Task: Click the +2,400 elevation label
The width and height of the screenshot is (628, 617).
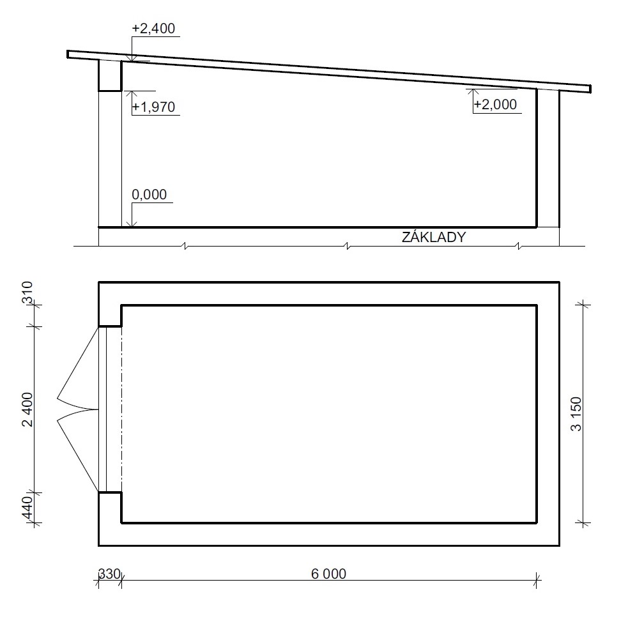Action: click(x=153, y=29)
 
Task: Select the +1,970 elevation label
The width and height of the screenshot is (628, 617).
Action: click(x=153, y=107)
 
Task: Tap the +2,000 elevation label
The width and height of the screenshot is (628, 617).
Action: click(x=495, y=105)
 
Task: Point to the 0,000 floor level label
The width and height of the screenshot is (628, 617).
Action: click(x=149, y=195)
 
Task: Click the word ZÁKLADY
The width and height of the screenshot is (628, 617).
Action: click(x=434, y=237)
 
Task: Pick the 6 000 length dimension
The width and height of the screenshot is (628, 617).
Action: click(x=328, y=574)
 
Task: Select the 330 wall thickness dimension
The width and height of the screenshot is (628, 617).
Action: click(x=109, y=574)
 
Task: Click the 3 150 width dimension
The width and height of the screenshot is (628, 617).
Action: click(x=576, y=414)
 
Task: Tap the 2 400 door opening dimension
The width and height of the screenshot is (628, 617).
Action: click(x=27, y=409)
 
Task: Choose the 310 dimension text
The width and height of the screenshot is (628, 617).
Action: click(x=27, y=293)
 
